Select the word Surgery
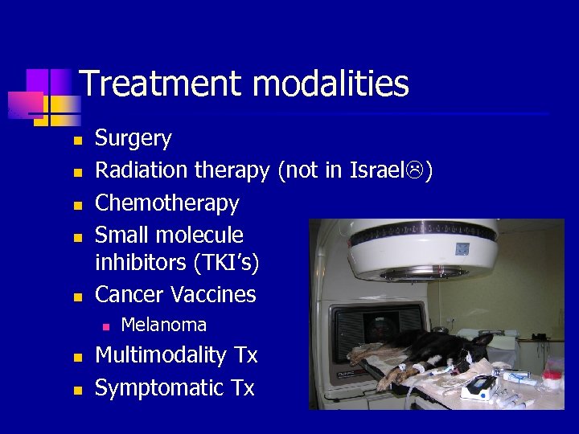click(x=133, y=138)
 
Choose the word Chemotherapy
click(x=167, y=203)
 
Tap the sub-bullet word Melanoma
click(x=163, y=325)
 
